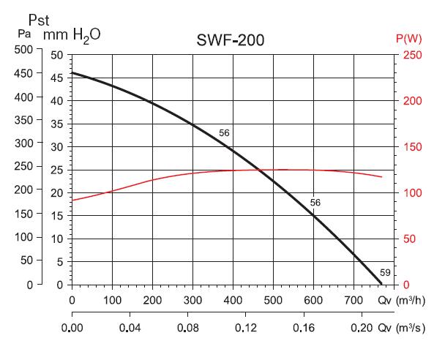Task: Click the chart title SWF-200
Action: click(231, 40)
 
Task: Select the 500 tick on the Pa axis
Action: click(24, 49)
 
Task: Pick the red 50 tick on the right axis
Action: click(410, 239)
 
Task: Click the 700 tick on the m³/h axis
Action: click(354, 301)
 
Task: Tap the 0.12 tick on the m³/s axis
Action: click(246, 330)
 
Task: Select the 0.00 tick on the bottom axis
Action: click(72, 330)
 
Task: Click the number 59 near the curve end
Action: click(385, 273)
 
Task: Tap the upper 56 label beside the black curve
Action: click(224, 133)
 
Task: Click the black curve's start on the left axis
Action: click(72, 72)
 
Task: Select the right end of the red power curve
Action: click(382, 176)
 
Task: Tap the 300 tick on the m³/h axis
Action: click(192, 301)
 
